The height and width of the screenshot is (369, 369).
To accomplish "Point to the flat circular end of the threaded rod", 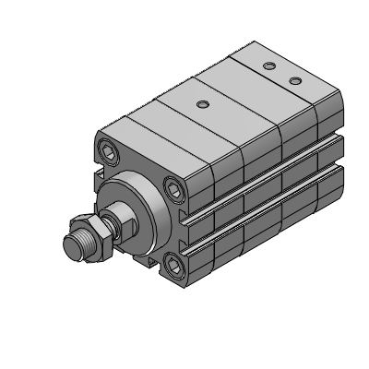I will click(70, 246).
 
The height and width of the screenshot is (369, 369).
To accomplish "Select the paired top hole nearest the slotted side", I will click(295, 82).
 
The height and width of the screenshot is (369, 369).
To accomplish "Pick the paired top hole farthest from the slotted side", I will click(268, 66).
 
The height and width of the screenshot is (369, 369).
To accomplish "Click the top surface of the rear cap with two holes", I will click(277, 78).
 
